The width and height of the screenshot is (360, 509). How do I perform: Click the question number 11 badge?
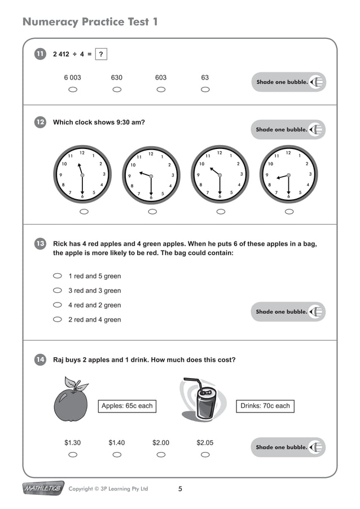(x=40, y=54)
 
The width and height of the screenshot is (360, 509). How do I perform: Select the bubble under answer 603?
(x=161, y=90)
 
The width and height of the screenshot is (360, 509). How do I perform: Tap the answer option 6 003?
(x=72, y=78)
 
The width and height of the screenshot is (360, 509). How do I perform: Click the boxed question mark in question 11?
(x=101, y=54)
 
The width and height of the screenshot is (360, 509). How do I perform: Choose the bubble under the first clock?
(x=84, y=212)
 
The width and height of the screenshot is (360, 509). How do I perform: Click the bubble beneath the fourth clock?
(x=289, y=212)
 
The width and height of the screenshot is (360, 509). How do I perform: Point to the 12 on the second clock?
(x=151, y=153)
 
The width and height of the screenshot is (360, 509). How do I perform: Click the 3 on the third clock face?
(x=241, y=174)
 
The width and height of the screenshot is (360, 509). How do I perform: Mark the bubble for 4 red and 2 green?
(x=57, y=305)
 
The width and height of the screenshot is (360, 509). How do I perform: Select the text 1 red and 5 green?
(x=94, y=277)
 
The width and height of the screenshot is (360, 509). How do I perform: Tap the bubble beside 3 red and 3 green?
(x=57, y=291)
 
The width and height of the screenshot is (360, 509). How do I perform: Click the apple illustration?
(x=71, y=401)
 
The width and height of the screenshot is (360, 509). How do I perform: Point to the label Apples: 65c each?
(x=127, y=406)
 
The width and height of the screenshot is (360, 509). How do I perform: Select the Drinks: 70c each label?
(x=265, y=406)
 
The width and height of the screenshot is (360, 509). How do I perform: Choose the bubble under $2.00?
(x=161, y=454)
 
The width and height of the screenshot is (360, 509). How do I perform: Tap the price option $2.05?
(x=205, y=443)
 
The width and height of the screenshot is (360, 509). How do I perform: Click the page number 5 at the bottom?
(x=180, y=489)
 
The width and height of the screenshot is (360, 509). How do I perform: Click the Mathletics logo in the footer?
(x=42, y=488)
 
